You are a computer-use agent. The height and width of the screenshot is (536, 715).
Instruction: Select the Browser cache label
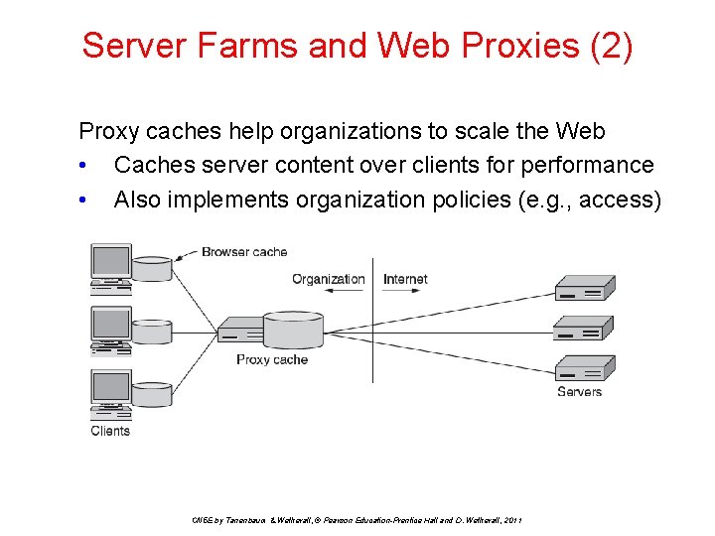pos(244,252)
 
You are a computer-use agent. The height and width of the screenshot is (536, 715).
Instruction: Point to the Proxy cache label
pos(271,359)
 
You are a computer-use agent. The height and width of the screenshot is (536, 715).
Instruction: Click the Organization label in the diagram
pos(329,279)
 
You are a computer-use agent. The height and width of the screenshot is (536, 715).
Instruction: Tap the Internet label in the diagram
pos(405,279)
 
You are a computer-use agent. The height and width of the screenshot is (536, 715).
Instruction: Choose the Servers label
pos(579,392)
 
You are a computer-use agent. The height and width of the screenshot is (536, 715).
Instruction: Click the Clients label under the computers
pos(110,431)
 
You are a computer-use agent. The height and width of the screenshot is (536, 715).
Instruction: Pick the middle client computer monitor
pos(110,325)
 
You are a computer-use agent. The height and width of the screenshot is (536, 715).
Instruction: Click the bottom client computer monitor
pos(110,387)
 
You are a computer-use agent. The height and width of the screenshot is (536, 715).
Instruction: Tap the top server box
pos(583,288)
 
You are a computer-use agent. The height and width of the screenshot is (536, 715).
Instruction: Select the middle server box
pos(583,328)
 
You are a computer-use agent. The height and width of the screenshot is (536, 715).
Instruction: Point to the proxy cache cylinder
pos(293,331)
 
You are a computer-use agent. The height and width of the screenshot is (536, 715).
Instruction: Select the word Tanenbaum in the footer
pos(241,520)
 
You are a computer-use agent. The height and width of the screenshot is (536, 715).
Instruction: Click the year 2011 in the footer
pos(512,520)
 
